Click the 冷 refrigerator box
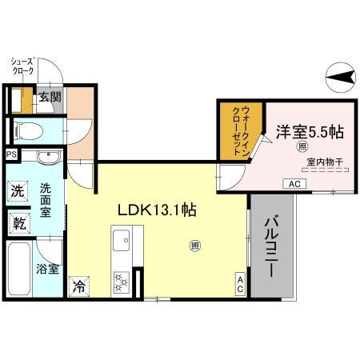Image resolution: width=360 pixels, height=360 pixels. point(78,284)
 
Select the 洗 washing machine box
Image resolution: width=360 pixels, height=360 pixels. point(18,191)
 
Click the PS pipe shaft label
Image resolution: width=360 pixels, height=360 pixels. point(11,155)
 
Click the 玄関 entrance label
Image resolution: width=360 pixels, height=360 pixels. point(50,98)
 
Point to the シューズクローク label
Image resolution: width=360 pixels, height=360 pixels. point(22,66)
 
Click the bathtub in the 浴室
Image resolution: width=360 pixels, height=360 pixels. point(20,269)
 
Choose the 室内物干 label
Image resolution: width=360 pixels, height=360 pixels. point(324,162)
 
